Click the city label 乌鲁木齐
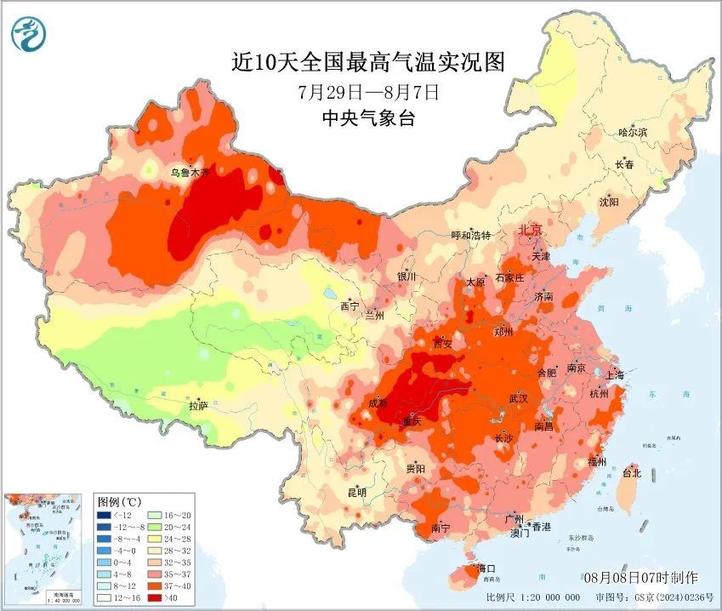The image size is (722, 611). (x=190, y=172)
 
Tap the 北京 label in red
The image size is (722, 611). (x=531, y=231)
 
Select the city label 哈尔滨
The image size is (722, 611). (x=633, y=132)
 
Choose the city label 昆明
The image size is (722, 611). (x=356, y=492)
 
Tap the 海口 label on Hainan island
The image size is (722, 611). (x=486, y=568)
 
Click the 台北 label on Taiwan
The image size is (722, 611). (x=632, y=472)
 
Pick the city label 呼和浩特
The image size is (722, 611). (x=470, y=235)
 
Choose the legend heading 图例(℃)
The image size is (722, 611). (x=120, y=500)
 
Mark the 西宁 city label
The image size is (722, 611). (x=350, y=305)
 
